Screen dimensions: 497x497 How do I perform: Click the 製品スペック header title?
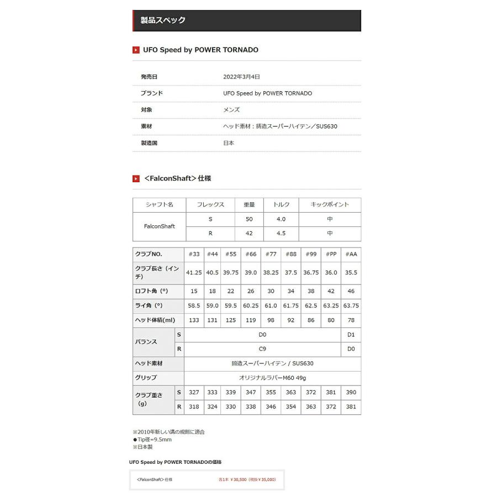click(x=163, y=20)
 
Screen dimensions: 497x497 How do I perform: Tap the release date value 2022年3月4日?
click(x=241, y=77)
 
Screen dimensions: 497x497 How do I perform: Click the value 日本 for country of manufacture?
click(x=229, y=143)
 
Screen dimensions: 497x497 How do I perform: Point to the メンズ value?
click(x=231, y=110)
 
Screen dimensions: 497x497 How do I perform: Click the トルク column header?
click(x=281, y=204)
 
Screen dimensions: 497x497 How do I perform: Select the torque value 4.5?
click(x=281, y=233)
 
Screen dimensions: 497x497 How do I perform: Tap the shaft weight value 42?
click(x=249, y=233)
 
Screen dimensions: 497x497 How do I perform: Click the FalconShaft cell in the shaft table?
click(x=159, y=226)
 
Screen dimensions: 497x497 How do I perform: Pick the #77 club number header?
click(x=271, y=254)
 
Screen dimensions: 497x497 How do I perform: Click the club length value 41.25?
click(x=194, y=272)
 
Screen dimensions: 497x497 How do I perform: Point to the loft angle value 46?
click(x=351, y=291)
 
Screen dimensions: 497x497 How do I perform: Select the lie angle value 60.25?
click(x=251, y=305)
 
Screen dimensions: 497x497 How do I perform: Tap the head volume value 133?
click(x=194, y=320)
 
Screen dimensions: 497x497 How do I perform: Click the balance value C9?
click(x=262, y=349)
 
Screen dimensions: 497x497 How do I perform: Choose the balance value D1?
click(x=351, y=335)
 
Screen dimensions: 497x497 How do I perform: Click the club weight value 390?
click(x=351, y=393)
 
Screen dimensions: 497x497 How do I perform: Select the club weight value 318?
click(x=194, y=407)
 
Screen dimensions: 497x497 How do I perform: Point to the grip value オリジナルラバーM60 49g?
click(x=272, y=378)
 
